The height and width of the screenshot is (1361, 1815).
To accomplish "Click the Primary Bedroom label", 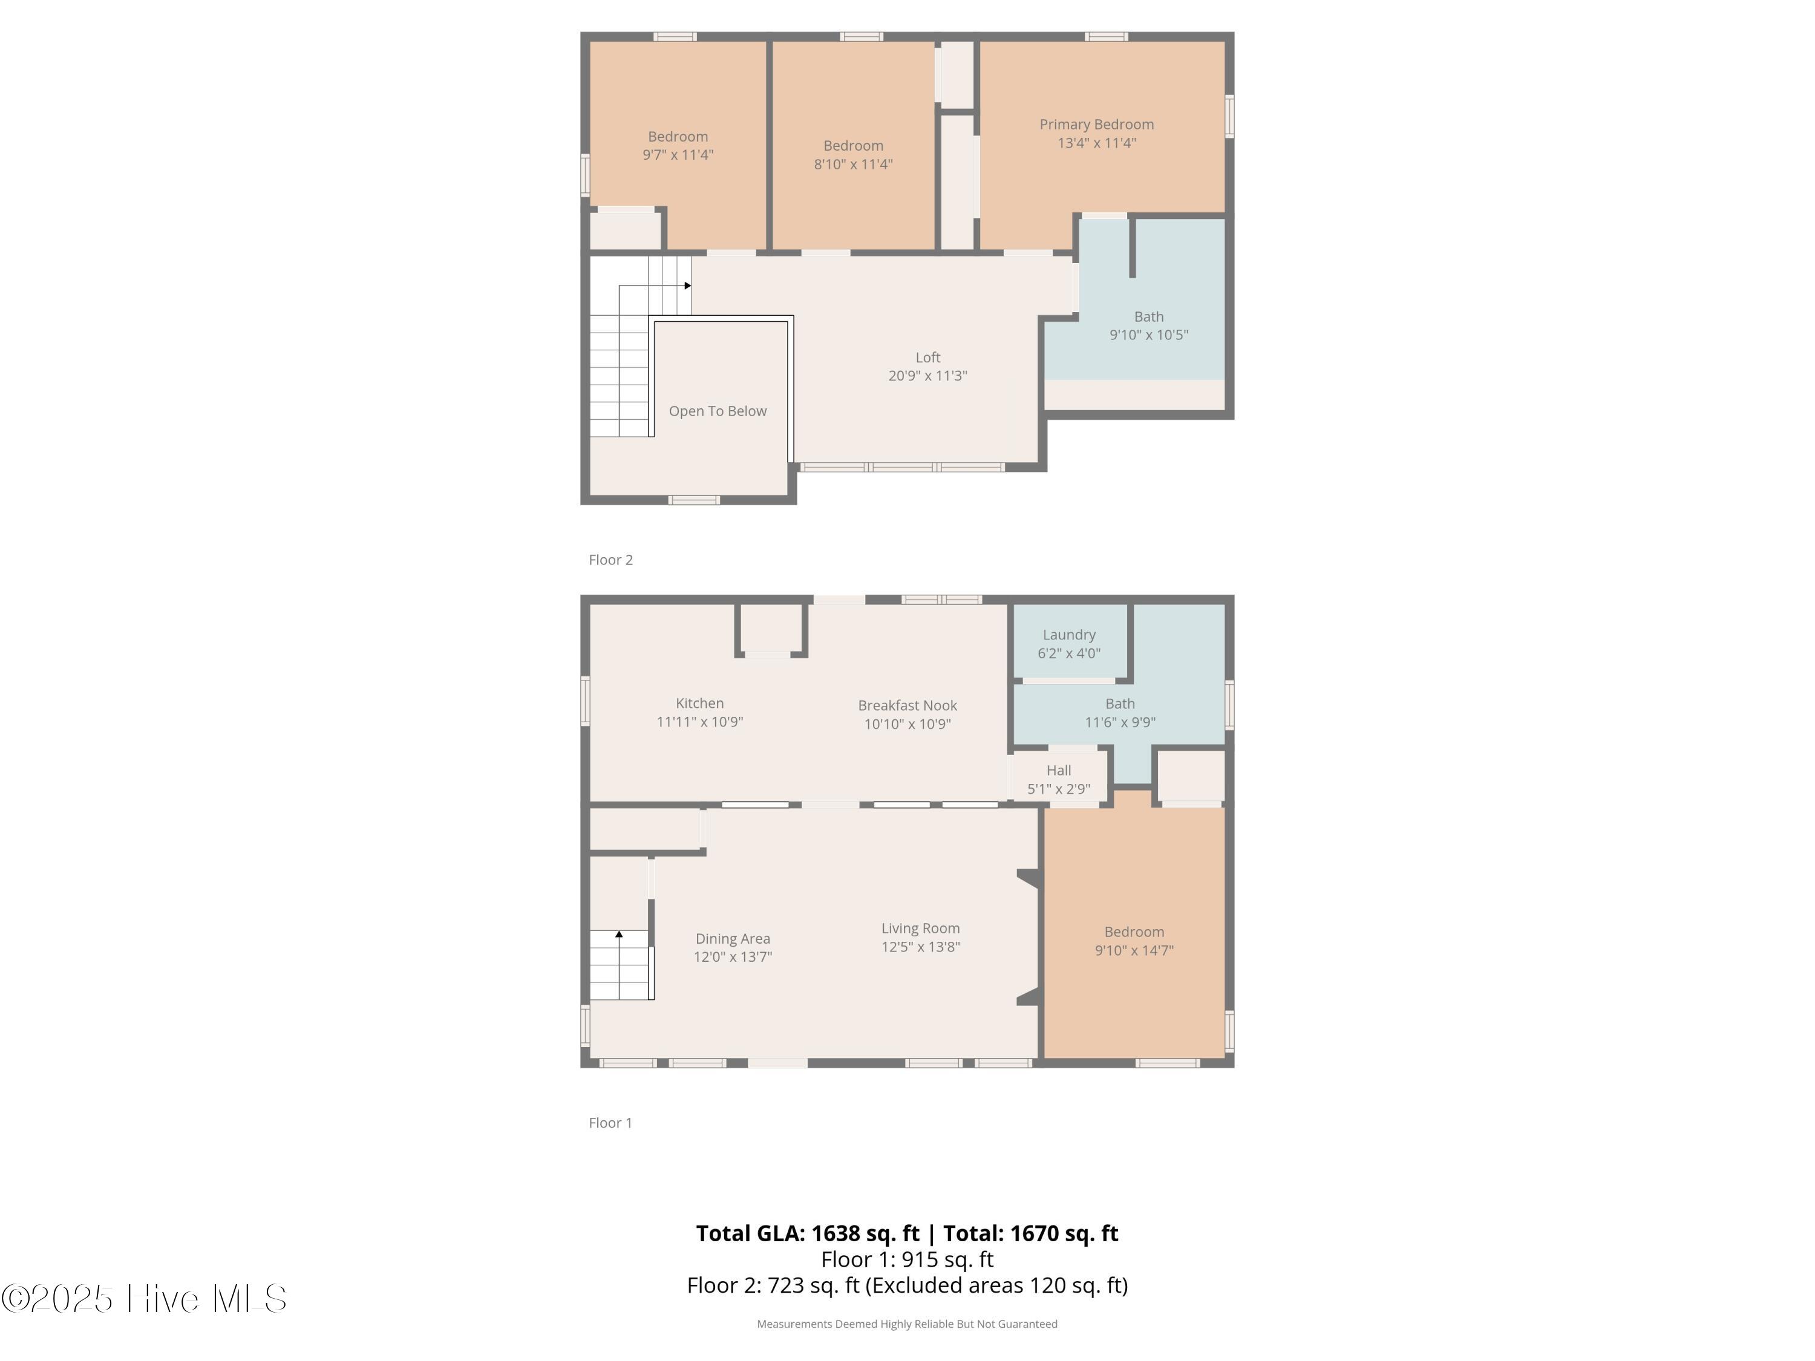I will [1096, 125].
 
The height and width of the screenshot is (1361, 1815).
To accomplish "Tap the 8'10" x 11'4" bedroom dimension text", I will [852, 164].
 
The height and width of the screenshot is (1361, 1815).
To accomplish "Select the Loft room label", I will [927, 357].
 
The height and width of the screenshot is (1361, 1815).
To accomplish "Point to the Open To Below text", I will [717, 411].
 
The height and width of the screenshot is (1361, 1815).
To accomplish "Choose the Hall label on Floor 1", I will [1059, 771].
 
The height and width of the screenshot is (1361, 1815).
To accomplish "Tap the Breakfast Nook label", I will [907, 705].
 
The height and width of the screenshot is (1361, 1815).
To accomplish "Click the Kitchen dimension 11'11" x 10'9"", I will [699, 722].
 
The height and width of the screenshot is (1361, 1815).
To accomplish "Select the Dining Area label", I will [732, 939].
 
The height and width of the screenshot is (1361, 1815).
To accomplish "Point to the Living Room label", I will [920, 928].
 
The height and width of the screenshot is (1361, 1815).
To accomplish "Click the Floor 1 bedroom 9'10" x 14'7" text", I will [1133, 950].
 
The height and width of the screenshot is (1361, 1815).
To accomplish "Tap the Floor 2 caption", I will [610, 560].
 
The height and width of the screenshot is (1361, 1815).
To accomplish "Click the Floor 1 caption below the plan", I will [610, 1122].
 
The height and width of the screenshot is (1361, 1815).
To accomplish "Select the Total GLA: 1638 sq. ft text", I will [808, 1233].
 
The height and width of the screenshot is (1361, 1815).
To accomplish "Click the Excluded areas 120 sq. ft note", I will [996, 1285].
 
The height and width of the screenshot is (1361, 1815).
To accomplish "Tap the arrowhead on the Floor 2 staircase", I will [688, 286].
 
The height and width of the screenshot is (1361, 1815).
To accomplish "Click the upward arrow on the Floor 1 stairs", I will [619, 933].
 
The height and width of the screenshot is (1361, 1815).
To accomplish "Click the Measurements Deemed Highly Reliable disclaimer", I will [907, 1323].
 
